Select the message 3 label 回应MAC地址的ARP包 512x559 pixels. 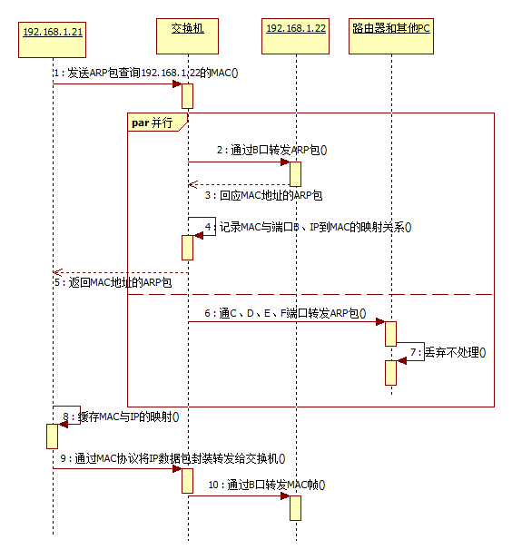tap(263, 195)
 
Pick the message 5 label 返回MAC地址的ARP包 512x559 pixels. tap(113, 284)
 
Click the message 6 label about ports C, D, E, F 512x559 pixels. tap(285, 313)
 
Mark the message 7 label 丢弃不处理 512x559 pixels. tap(454, 352)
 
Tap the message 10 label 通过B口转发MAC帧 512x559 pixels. tap(263, 485)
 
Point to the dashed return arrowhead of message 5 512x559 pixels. tap(57, 272)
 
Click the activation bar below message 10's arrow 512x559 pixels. tap(295, 508)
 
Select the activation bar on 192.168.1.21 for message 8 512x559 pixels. tap(53, 436)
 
